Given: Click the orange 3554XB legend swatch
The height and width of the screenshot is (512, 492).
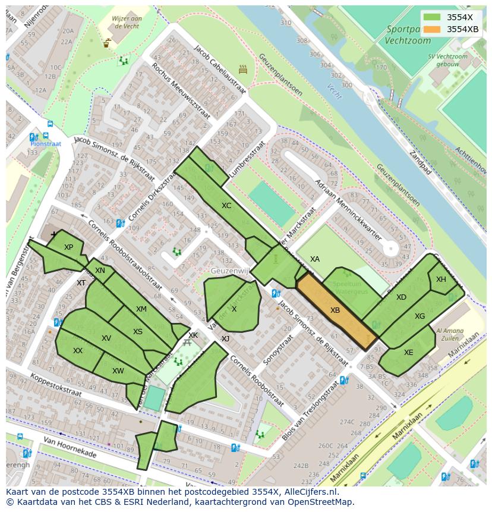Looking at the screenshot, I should click(433, 29).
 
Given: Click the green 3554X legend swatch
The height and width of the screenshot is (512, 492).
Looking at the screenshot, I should click(433, 17).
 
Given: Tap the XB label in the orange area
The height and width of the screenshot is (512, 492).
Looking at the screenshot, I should click(335, 310).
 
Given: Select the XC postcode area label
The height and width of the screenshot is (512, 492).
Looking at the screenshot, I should click(226, 206).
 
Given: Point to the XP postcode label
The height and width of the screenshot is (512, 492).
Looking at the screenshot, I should click(68, 247).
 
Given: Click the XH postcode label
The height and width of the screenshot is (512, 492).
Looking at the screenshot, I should click(441, 279).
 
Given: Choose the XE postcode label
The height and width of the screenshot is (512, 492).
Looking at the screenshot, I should click(408, 353).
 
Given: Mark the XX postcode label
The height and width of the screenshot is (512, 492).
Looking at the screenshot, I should click(78, 351).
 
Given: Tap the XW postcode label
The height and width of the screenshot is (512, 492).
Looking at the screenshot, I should click(118, 371).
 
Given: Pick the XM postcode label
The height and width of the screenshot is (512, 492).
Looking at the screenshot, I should click(141, 309).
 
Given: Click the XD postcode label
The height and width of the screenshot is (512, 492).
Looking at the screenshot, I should click(401, 297).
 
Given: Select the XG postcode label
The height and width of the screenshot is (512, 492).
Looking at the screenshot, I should click(420, 316).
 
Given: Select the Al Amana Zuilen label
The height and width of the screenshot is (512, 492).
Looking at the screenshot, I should click(450, 334).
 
